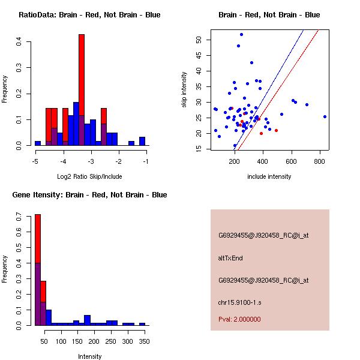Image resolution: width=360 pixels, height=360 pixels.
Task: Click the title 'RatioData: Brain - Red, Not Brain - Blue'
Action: [x=89, y=15]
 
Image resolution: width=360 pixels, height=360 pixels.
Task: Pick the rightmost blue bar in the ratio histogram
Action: [x=142, y=142]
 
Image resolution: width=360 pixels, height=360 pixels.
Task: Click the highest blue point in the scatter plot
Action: [x=241, y=34]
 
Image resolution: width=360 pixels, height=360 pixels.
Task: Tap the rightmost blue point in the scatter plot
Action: [x=325, y=116]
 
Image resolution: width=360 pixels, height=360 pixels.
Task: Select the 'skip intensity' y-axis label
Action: [x=184, y=90]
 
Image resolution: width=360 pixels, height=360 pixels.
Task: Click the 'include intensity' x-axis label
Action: [x=269, y=176]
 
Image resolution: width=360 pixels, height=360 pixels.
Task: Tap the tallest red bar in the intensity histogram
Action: [x=37, y=270]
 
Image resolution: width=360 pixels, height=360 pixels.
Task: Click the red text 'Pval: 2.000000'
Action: [x=239, y=319]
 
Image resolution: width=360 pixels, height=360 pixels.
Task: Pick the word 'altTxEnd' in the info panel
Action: [x=230, y=258]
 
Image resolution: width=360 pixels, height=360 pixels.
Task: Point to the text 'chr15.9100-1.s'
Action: [x=238, y=302]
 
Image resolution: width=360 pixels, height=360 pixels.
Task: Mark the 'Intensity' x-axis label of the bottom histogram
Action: [x=89, y=356]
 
